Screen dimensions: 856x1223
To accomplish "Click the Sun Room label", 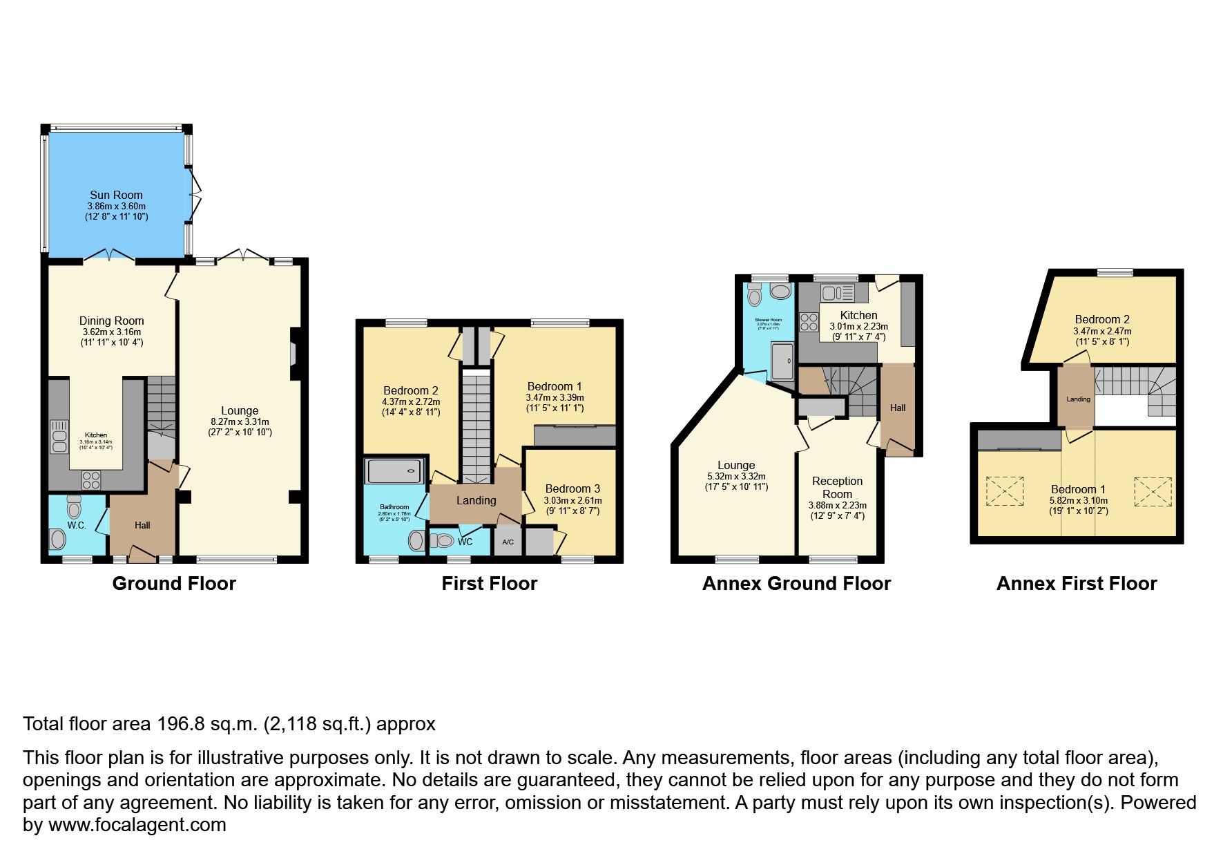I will tap(116, 195).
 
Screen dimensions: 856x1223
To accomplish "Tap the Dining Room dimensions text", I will tap(111, 337).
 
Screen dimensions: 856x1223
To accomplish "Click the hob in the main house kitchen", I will tap(91, 479).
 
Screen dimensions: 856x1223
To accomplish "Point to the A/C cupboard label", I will tap(508, 542).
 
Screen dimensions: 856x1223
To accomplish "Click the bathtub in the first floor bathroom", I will tap(394, 471).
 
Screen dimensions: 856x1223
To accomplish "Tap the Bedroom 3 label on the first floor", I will tap(572, 488).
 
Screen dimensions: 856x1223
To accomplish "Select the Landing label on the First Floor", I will tap(476, 500).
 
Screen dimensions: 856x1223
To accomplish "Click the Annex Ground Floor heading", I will tap(796, 584).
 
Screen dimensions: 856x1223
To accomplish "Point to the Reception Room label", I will tap(837, 488).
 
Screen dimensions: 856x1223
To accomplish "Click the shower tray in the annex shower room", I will tap(782, 361).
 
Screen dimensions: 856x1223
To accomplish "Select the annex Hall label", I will tap(898, 408).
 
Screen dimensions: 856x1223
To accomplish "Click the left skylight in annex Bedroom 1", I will tap(1005, 491).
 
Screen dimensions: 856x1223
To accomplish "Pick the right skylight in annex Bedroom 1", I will tap(1153, 492).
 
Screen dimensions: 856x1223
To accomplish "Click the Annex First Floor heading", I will tap(1076, 584).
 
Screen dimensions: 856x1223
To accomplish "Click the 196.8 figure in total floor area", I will tap(180, 724).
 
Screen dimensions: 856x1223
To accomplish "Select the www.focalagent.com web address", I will tap(137, 825).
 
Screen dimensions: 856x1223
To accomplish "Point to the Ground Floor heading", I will tap(174, 584).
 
